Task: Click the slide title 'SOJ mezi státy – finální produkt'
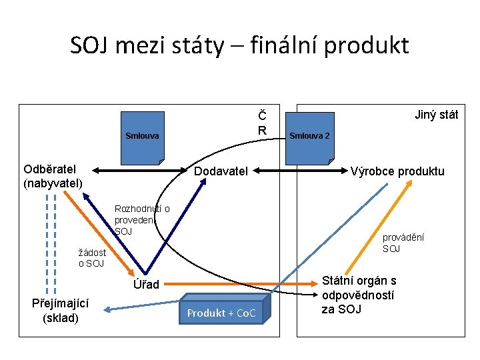239,45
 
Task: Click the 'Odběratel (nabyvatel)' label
53,176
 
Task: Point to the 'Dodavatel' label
221,171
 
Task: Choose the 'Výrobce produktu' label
397,171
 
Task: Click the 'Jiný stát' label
435,115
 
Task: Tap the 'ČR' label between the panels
263,122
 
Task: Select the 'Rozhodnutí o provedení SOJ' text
141,220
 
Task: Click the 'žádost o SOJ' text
91,258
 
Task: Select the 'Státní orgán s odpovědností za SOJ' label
359,295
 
